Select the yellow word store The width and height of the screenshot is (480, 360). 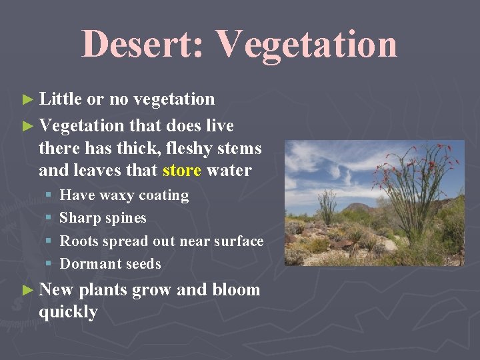(x=182, y=170)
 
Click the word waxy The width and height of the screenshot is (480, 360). (x=117, y=195)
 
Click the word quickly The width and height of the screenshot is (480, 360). (x=68, y=312)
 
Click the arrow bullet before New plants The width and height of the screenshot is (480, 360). (x=27, y=290)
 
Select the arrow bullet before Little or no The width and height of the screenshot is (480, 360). (x=27, y=100)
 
